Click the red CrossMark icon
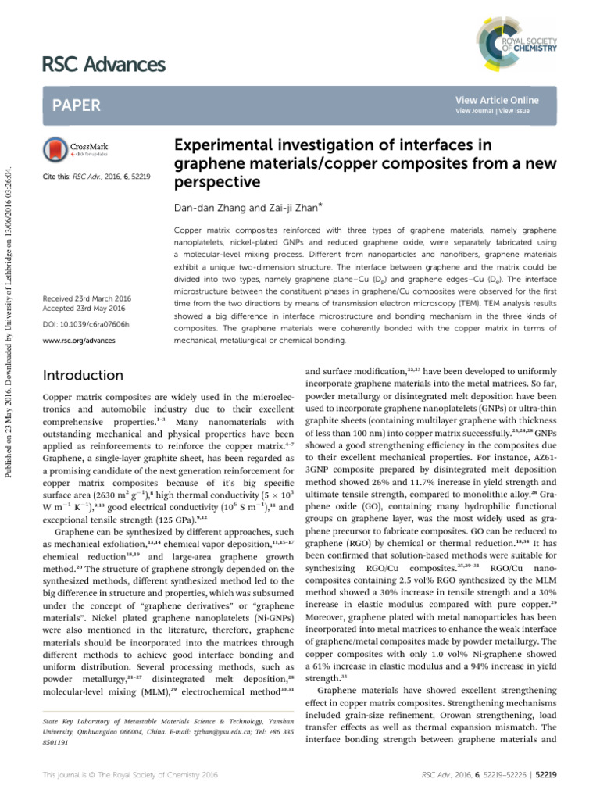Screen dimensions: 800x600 point(57,148)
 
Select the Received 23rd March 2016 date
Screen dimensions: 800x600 point(87,298)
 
